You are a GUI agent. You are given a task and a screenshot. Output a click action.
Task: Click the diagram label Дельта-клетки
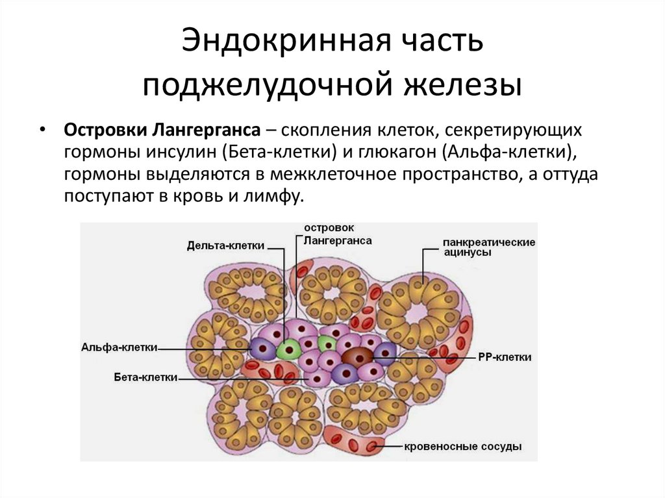pyautogui.click(x=225, y=246)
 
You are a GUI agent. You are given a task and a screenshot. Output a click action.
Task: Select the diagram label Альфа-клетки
pyautogui.click(x=119, y=347)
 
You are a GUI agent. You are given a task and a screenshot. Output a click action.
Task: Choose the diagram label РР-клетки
pyautogui.click(x=505, y=357)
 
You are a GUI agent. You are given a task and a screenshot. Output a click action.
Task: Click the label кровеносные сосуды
pyautogui.click(x=463, y=447)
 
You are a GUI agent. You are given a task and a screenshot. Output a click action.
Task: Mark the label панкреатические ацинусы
pyautogui.click(x=489, y=247)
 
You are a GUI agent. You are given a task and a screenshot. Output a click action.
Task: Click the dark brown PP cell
pyautogui.click(x=357, y=356)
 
